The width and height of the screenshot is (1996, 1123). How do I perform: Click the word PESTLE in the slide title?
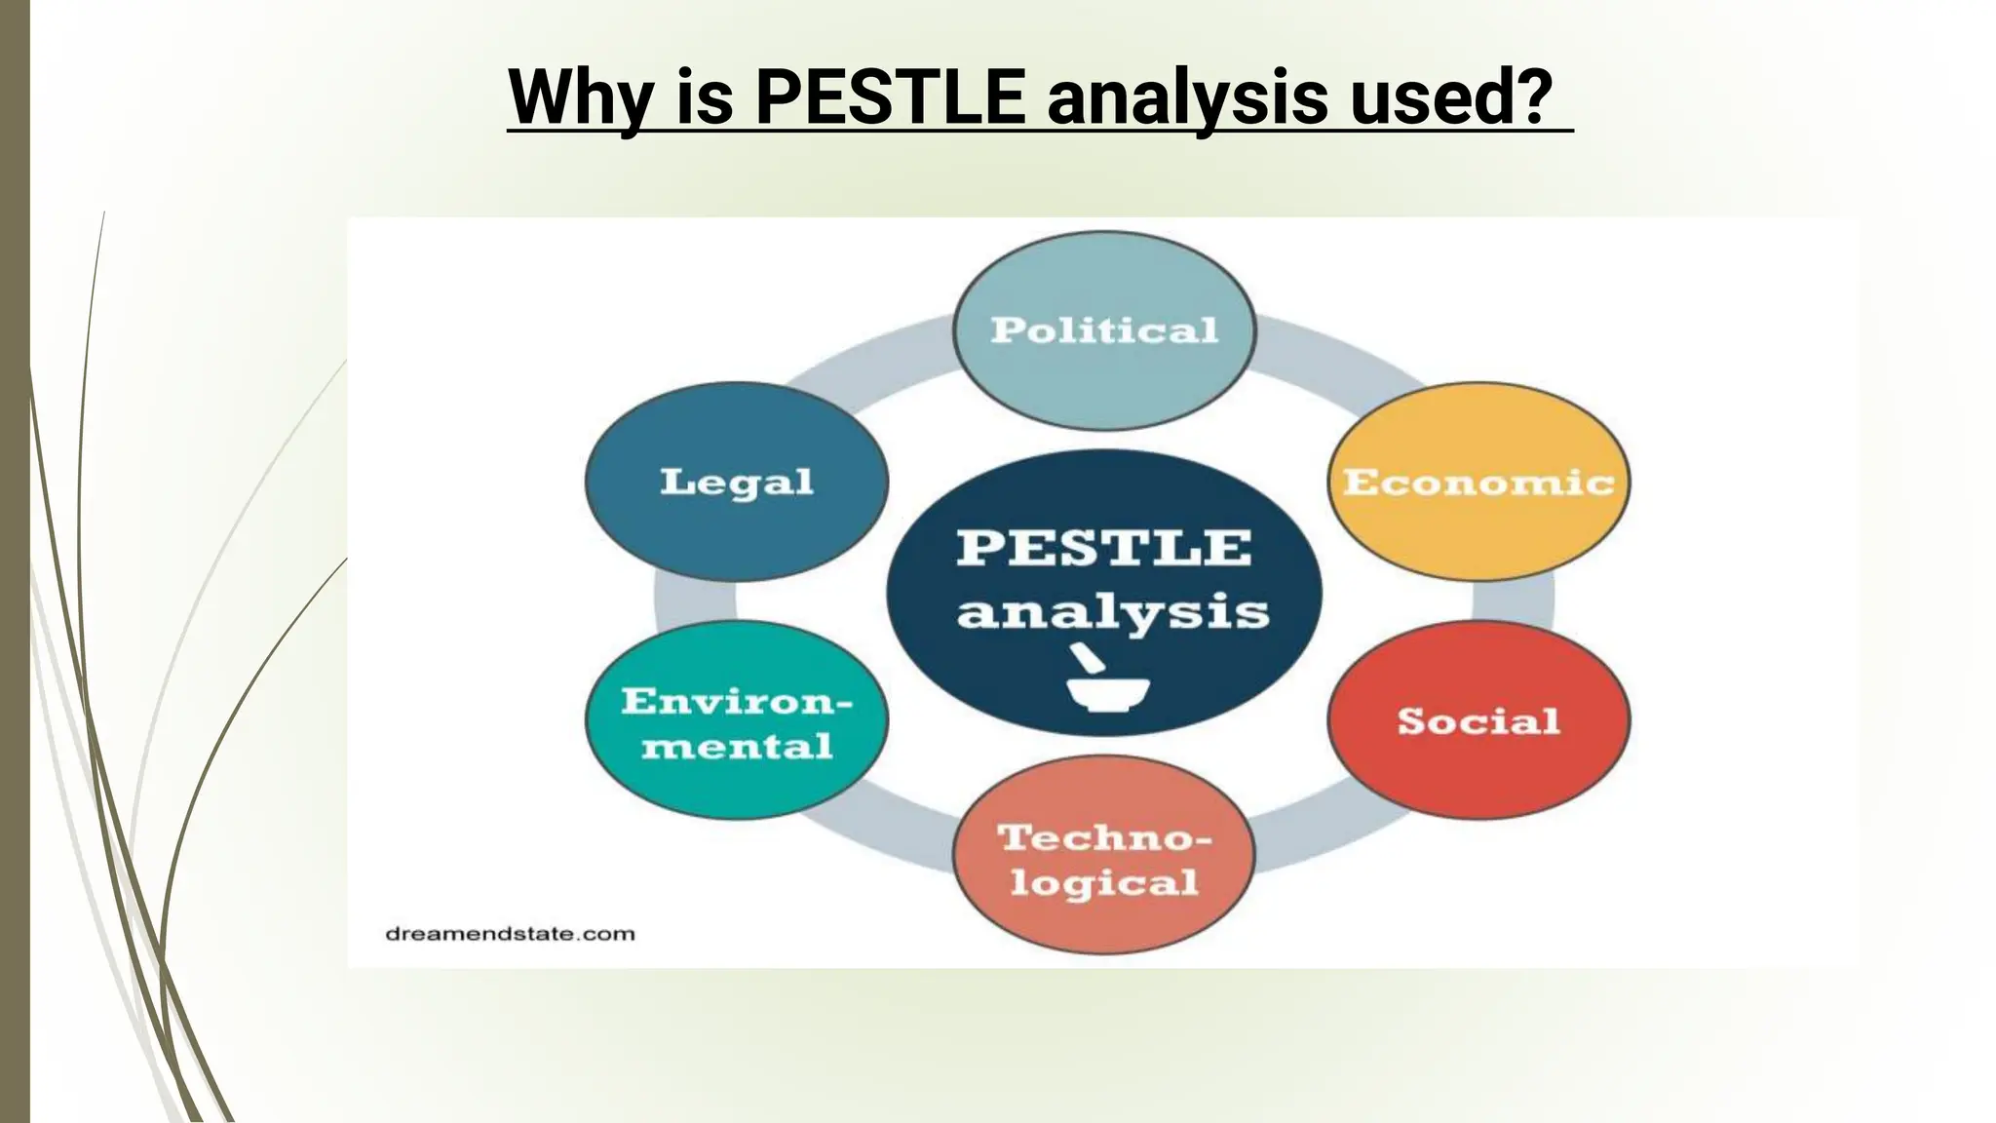coord(890,97)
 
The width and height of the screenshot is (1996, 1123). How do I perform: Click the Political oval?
coord(1104,330)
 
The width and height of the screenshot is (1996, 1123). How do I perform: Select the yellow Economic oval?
coord(1478,482)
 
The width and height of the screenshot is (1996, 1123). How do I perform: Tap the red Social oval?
coord(1478,720)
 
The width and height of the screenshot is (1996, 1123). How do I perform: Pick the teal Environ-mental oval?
coord(737,722)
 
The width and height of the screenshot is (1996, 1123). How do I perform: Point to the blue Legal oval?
coord(737,482)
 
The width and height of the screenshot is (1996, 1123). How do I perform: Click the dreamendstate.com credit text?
coord(510,934)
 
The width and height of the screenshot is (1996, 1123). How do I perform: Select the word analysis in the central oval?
coord(1112,612)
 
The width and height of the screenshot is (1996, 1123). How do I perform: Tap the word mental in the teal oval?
coord(737,747)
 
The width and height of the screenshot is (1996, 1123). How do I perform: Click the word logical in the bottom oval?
coord(1104,883)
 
